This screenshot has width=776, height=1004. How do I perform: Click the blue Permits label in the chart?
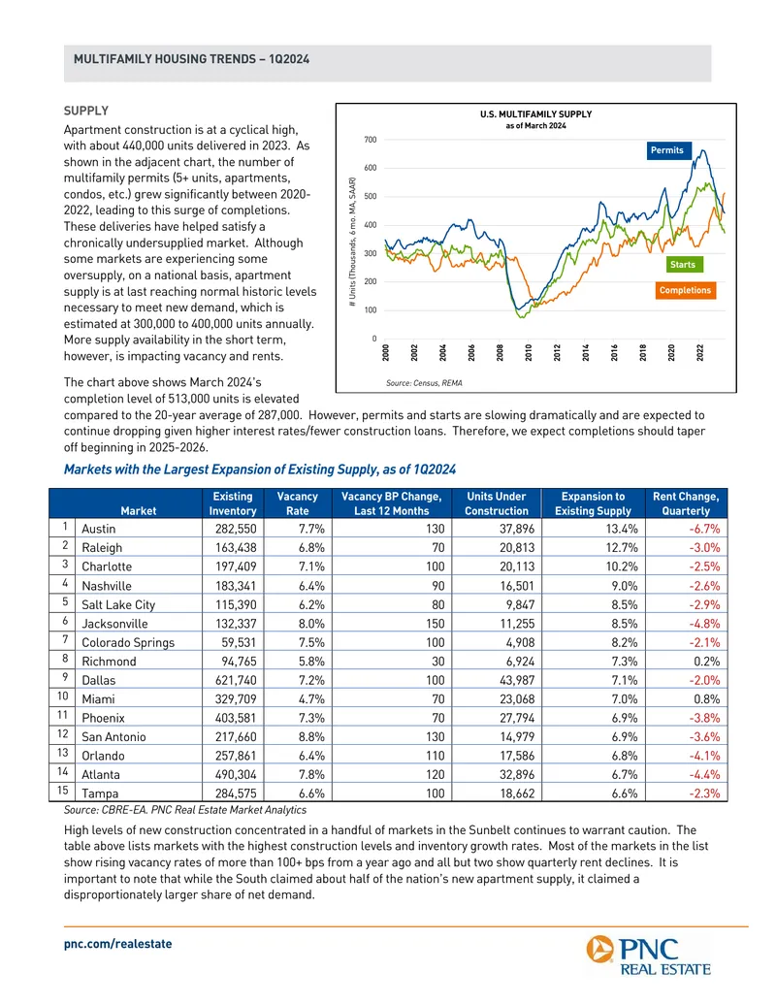click(666, 150)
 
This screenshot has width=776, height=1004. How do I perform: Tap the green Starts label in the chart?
click(683, 265)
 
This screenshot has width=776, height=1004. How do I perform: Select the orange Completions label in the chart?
click(685, 290)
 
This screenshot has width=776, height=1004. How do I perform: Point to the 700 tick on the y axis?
click(371, 140)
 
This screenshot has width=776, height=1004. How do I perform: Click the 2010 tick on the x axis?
click(529, 352)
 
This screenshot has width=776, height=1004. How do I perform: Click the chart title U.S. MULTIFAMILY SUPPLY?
click(535, 113)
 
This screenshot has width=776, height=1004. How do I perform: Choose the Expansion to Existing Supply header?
click(593, 503)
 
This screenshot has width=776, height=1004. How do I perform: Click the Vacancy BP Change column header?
click(391, 503)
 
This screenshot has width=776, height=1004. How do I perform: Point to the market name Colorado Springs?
click(128, 642)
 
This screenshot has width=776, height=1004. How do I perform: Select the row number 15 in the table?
click(62, 791)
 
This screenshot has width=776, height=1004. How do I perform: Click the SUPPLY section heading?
click(85, 111)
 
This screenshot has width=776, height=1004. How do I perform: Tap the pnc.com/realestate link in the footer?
click(117, 944)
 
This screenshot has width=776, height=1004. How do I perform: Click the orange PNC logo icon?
click(599, 949)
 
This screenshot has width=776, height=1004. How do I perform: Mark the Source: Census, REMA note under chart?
click(424, 383)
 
